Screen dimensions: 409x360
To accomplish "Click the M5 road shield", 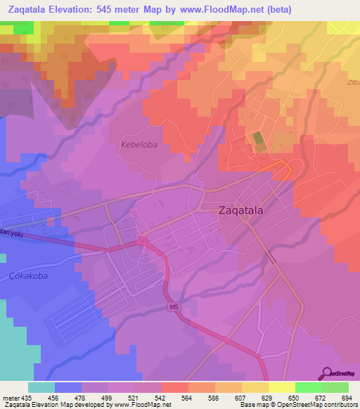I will coord(173,307).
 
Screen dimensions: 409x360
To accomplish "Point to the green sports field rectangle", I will coord(258,141).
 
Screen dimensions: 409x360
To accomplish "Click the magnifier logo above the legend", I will coord(327,372).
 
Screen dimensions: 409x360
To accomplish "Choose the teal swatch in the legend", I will coord(41,387).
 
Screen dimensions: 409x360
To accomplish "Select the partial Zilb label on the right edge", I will coord(352,82).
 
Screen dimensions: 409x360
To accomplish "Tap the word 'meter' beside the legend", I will coord(10,398).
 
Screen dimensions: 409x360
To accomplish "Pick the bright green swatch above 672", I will coord(308,387).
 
